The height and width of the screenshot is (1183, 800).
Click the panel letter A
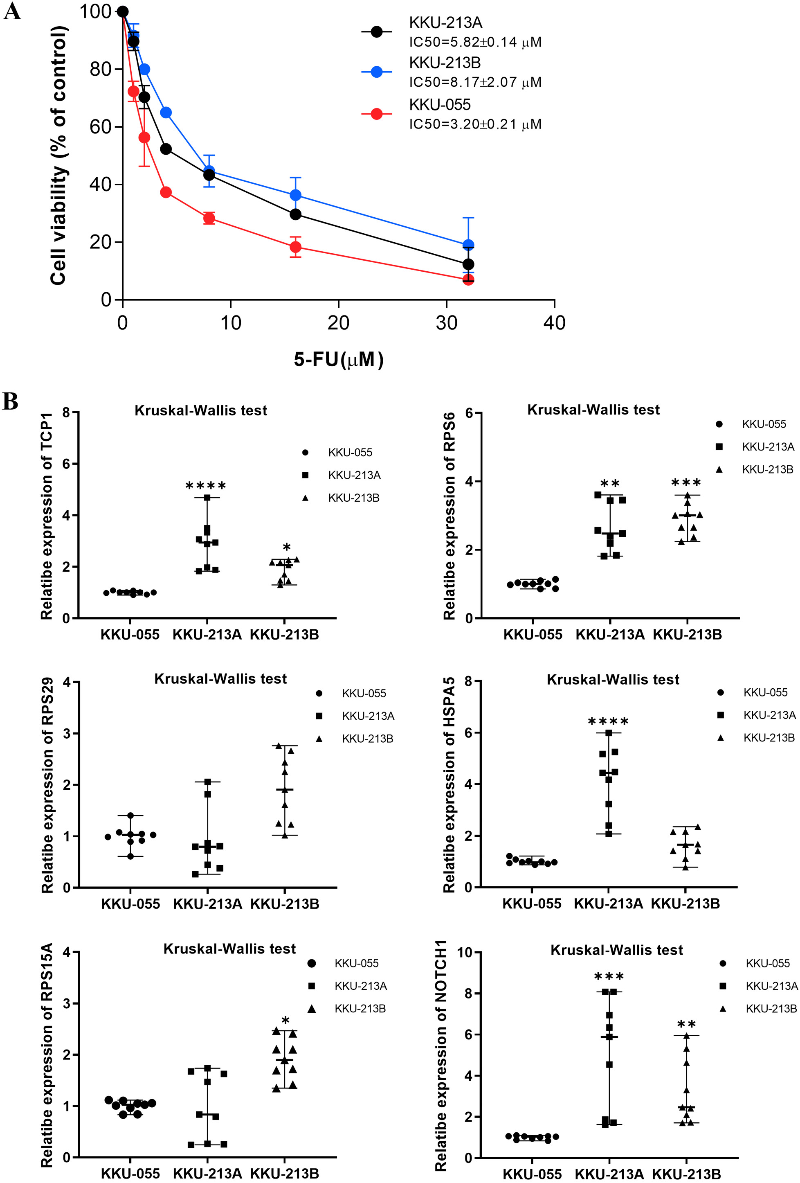click(12, 11)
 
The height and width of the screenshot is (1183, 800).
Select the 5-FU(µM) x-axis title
click(338, 359)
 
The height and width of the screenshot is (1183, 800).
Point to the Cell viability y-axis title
click(59, 155)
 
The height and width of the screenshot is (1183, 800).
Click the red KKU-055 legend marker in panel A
click(377, 114)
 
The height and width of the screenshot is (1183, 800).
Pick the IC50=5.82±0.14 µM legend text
click(475, 42)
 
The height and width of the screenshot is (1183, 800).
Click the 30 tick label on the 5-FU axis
click(446, 323)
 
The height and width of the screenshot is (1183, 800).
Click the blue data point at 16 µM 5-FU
click(296, 195)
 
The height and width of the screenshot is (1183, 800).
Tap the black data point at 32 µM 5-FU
click(469, 264)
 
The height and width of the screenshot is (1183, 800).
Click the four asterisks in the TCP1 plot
click(206, 486)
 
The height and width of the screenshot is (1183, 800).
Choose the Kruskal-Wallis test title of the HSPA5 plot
click(613, 680)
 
